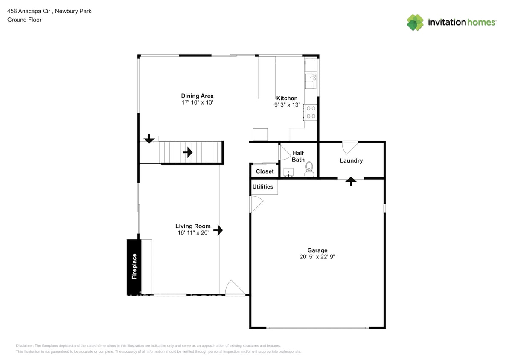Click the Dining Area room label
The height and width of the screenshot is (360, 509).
click(197, 96)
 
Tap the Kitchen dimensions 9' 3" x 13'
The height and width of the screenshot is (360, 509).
click(287, 105)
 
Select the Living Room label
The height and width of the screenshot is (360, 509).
click(193, 226)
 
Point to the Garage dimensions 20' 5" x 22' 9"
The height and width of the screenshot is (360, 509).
click(317, 257)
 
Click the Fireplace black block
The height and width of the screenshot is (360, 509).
click(134, 266)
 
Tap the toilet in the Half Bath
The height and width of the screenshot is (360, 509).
click(309, 169)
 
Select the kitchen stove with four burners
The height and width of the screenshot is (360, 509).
click(311, 112)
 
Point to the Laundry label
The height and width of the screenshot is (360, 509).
click(351, 161)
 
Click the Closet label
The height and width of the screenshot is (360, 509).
click(265, 171)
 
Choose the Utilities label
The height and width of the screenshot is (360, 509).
click(263, 187)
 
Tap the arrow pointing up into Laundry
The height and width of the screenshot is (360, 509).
click(351, 182)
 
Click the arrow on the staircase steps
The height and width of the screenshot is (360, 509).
click(188, 152)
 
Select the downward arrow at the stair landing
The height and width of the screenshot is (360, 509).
click(149, 139)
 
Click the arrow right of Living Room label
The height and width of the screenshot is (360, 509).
click(218, 230)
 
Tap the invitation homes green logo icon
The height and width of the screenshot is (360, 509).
click(415, 23)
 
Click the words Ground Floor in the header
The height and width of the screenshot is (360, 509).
click(24, 20)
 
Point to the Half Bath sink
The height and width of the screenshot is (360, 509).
click(289, 173)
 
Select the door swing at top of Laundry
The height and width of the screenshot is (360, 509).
click(349, 147)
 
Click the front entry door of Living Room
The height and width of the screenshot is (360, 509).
click(235, 288)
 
